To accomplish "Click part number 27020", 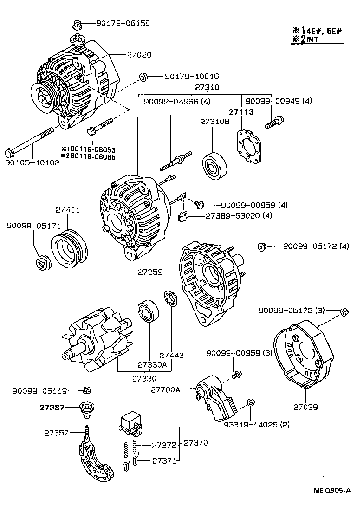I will coord(139,54).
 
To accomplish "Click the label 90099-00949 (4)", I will coord(279,101).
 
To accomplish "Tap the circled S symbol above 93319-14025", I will coord(250,402).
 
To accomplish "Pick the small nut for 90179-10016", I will coord(143,76).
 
